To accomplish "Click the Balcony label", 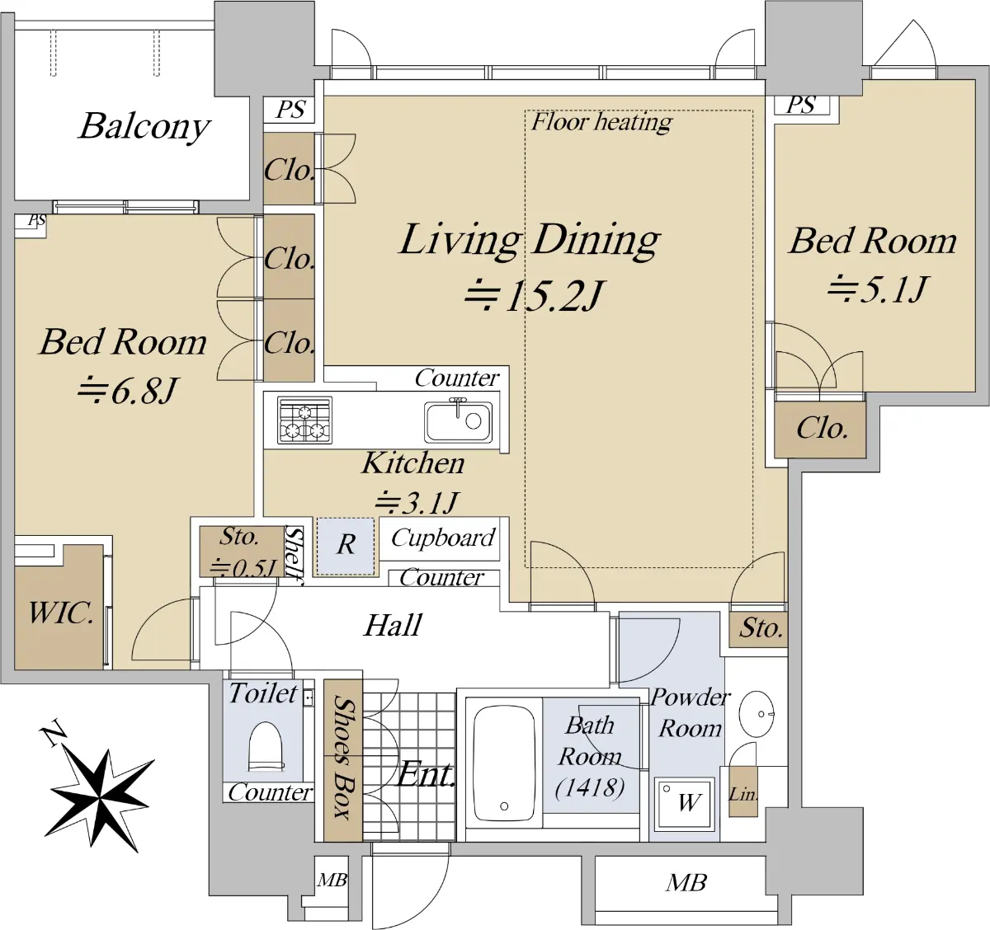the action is pos(144,127).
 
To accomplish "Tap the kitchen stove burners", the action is pos(304,420).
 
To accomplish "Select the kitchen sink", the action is pos(458,420).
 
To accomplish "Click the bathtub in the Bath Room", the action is pos(504,763).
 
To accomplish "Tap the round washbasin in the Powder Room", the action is pos(757,714).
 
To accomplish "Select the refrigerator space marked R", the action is pos(346,547).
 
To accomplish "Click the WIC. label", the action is pos(61,613).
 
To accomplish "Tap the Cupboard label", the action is pos(443,538).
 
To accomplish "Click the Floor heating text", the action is pos(601,122).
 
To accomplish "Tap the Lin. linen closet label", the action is pos(742,794).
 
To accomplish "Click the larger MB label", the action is pos(686,883).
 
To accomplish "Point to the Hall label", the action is pos(393,625).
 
